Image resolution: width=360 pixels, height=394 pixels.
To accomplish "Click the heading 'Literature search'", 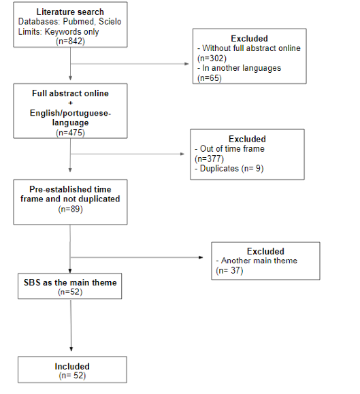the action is pyautogui.click(x=70, y=12).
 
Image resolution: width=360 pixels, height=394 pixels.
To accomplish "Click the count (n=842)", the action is pyautogui.click(x=70, y=41).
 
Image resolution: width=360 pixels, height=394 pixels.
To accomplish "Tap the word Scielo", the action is pyautogui.click(x=110, y=22).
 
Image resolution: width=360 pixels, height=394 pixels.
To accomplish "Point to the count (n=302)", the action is pyautogui.click(x=212, y=59).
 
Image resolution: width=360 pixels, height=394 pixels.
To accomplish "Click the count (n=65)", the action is pyautogui.click(x=210, y=78).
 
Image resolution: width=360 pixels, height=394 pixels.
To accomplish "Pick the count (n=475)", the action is pyautogui.click(x=70, y=133).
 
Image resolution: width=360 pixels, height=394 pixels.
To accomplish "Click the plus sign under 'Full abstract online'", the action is pyautogui.click(x=70, y=103).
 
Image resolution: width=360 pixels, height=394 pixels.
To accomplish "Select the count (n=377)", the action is pyautogui.click(x=210, y=159).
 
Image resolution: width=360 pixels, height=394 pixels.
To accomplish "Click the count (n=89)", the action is pyautogui.click(x=70, y=209).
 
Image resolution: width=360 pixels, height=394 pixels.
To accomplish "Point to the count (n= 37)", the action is pyautogui.click(x=229, y=271).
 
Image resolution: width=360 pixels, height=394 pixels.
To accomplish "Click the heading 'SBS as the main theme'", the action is pyautogui.click(x=70, y=282).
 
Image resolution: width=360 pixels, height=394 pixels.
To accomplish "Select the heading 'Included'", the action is pyautogui.click(x=72, y=366).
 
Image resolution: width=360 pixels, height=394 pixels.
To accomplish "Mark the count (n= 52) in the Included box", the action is pyautogui.click(x=72, y=376).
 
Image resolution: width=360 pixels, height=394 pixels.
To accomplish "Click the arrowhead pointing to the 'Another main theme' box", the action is pyautogui.click(x=201, y=257).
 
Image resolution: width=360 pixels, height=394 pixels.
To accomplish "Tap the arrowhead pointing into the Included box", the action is pyautogui.click(x=71, y=349).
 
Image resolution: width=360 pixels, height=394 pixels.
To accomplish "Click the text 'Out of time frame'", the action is pyautogui.click(x=232, y=149).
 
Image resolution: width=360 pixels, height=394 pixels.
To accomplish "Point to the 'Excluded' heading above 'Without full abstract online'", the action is pyautogui.click(x=249, y=38).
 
